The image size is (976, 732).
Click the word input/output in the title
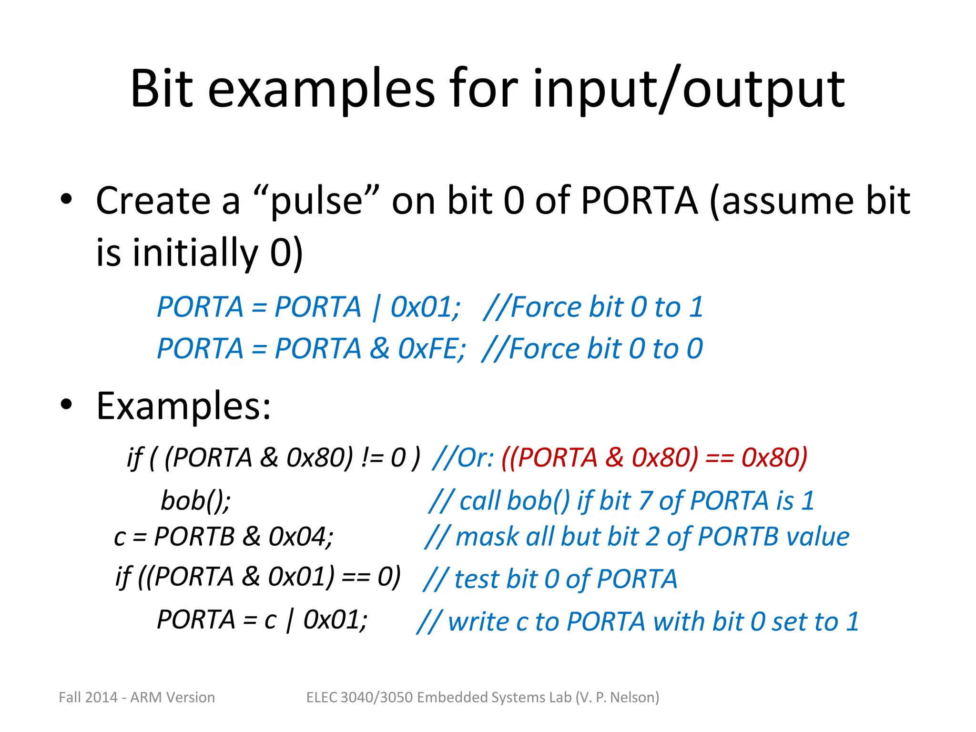click(x=689, y=89)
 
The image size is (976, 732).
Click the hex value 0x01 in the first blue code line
click(x=423, y=307)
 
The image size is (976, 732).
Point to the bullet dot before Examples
click(x=66, y=405)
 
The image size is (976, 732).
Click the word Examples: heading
click(x=183, y=406)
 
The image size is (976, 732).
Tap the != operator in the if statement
click(x=372, y=458)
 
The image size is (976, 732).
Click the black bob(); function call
click(x=196, y=501)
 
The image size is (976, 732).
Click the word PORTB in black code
click(x=194, y=537)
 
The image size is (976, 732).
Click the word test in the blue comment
click(x=477, y=579)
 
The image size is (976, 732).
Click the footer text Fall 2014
click(x=88, y=697)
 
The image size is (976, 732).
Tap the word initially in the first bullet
click(x=195, y=252)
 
